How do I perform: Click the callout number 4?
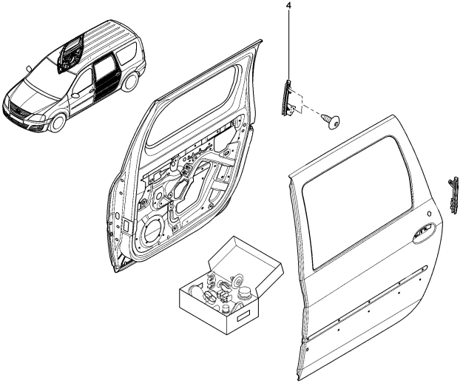click(x=288, y=7)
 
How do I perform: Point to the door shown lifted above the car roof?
click(x=72, y=52)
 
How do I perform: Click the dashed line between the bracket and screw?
click(x=314, y=115)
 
